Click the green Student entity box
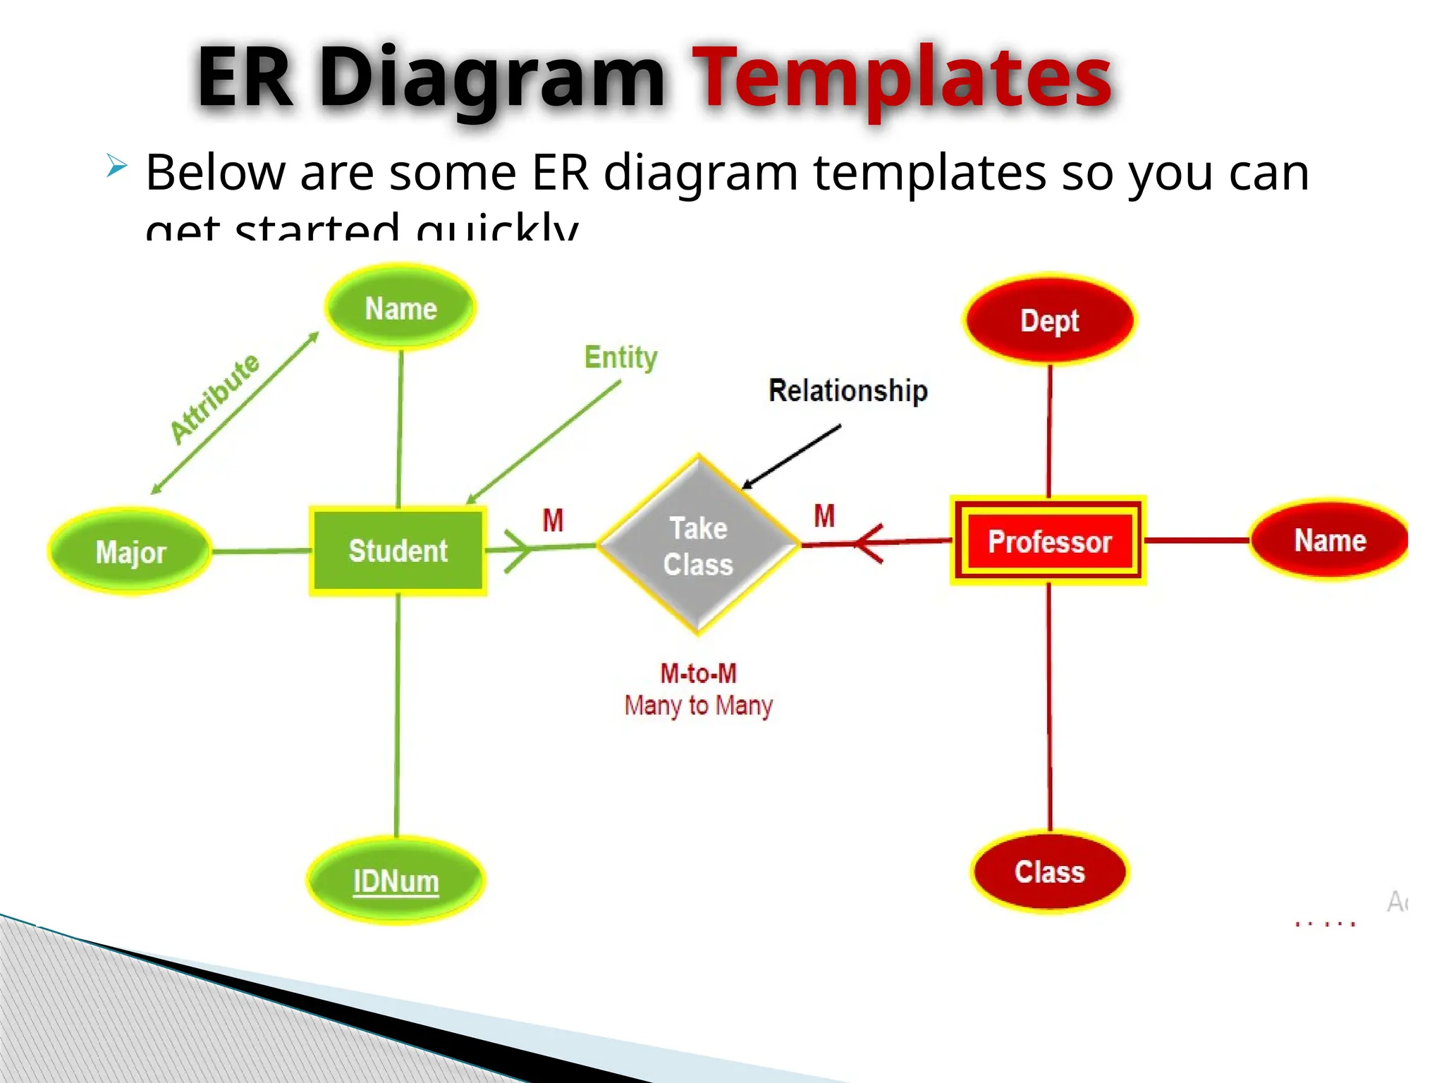[x=398, y=551]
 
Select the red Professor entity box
[x=1048, y=541]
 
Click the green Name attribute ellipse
[x=400, y=308]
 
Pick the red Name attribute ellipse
[x=1329, y=540]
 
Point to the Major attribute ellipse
[x=130, y=551]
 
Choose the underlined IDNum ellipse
[x=396, y=881]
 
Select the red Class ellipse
[x=1049, y=872]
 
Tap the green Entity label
[x=620, y=357]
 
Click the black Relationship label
[x=848, y=391]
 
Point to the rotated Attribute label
[x=215, y=398]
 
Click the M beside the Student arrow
[x=553, y=520]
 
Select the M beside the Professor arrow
[x=824, y=515]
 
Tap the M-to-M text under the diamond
[x=698, y=673]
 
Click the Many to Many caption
[x=698, y=705]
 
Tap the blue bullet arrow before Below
[x=117, y=166]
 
